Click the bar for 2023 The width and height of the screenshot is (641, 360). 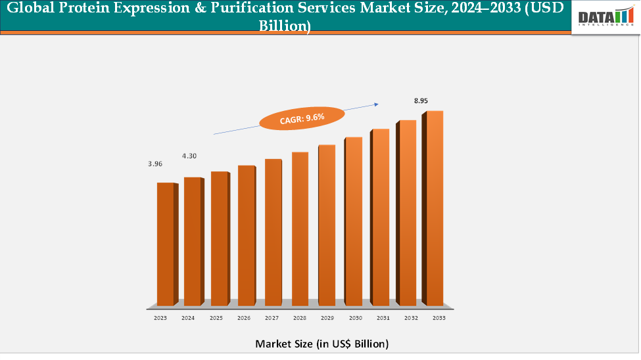pos(166,244)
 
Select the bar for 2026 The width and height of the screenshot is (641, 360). pos(246,235)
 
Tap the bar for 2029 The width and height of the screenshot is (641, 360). pos(327,225)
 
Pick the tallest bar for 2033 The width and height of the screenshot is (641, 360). pos(434,208)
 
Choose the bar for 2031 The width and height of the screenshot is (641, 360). pos(381,217)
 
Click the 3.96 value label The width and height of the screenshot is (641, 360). pos(155,164)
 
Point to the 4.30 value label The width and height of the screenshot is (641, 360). pos(189,156)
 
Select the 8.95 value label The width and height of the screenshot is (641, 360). pos(421,101)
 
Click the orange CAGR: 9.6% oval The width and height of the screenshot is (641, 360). pos(301,118)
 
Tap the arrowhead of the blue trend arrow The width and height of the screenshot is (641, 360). pos(377,103)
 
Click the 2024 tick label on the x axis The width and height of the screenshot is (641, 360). pos(187,318)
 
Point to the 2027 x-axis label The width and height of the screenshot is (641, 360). pos(272,318)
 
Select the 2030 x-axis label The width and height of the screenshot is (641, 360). pos(356,318)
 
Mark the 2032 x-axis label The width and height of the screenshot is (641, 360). pos(412,318)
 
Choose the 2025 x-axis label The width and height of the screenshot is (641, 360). pos(216,318)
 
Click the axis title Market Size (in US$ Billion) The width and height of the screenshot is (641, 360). pos(321,344)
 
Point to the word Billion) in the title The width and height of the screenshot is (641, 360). pos(285,26)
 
